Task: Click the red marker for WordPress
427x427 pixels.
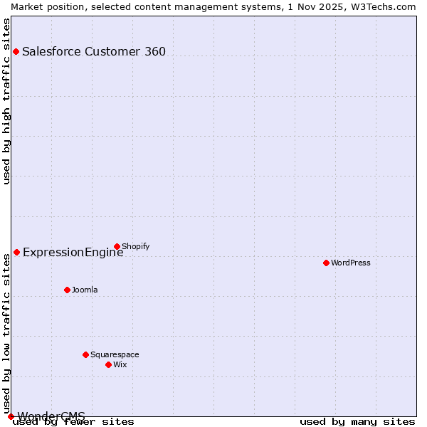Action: [326, 263]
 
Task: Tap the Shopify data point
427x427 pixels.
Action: [117, 247]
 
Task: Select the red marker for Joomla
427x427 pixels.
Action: [67, 290]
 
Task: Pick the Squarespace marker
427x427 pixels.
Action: [85, 354]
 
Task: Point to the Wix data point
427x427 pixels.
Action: [108, 364]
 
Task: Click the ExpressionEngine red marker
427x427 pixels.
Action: [16, 252]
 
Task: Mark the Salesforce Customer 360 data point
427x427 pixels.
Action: [16, 51]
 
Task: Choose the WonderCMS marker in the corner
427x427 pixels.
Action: [11, 416]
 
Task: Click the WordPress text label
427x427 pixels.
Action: [351, 263]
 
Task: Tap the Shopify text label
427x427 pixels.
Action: [136, 247]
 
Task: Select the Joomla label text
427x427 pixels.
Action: [85, 290]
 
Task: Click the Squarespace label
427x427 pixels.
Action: [115, 354]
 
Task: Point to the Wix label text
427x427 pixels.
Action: [120, 364]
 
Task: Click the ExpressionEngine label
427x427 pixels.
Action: [73, 252]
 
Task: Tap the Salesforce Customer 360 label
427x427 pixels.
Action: [94, 51]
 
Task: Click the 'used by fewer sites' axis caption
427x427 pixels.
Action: [73, 421]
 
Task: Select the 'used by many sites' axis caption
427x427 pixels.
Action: [357, 421]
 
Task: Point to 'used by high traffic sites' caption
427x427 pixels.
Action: [6, 101]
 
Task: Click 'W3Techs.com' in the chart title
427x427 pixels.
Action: [382, 6]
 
